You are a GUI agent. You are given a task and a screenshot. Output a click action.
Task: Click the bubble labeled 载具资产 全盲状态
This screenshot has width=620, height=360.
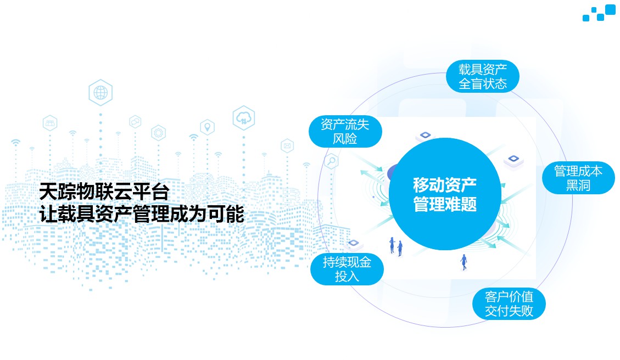(x=482, y=77)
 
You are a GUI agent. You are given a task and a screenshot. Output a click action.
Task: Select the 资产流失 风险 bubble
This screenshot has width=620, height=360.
(x=345, y=132)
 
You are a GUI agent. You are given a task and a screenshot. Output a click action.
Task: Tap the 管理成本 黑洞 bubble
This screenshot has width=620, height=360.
(x=578, y=178)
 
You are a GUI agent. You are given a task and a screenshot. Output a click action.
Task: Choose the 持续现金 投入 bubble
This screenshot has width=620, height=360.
(x=347, y=269)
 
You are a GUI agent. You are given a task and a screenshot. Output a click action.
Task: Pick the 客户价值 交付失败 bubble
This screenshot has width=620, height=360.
(x=509, y=303)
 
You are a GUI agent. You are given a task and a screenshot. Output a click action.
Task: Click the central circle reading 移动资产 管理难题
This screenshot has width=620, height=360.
(x=445, y=194)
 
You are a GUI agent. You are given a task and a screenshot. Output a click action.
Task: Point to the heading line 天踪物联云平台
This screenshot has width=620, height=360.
(x=104, y=192)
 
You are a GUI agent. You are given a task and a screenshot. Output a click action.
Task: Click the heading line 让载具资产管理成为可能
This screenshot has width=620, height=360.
(x=142, y=214)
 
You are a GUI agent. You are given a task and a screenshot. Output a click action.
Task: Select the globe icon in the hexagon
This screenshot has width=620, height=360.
(x=100, y=93)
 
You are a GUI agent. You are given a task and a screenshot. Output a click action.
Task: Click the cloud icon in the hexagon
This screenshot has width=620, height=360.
(x=244, y=118)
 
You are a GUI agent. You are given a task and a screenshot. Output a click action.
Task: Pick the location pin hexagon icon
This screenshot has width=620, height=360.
(x=207, y=127)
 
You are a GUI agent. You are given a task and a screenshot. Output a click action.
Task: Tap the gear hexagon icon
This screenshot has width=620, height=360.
(x=159, y=133)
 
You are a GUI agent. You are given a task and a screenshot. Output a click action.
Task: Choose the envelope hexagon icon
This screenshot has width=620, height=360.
(x=287, y=146)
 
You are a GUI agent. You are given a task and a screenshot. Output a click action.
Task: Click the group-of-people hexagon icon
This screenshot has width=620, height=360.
(x=50, y=123)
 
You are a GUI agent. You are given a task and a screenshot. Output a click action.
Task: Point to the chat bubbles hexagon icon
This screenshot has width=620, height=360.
(x=135, y=121)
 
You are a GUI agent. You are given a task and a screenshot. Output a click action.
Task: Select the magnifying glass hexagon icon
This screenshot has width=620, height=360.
(x=331, y=161)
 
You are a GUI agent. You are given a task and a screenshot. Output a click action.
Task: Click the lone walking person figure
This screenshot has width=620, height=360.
(x=464, y=262)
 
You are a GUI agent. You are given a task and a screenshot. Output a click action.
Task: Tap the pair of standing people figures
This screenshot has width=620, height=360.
(x=396, y=246)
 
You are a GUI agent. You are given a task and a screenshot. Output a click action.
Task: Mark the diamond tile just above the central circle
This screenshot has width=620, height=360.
(x=426, y=136)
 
